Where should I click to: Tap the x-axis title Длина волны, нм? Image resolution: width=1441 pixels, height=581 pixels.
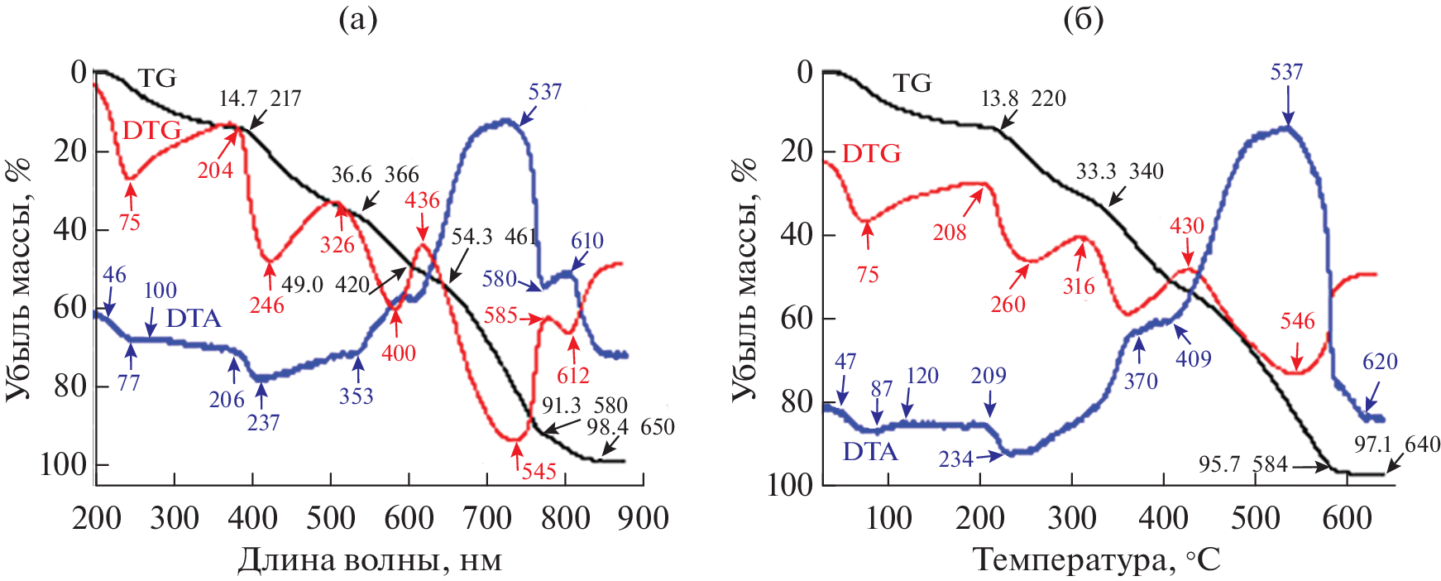(x=370, y=560)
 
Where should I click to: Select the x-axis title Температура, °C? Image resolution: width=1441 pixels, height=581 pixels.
(x=1096, y=560)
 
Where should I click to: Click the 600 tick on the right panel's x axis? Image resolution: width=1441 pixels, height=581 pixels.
(x=1347, y=519)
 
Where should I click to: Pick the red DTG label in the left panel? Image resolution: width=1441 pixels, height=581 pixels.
(x=151, y=130)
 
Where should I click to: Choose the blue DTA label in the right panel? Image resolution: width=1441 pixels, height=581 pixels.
(x=870, y=451)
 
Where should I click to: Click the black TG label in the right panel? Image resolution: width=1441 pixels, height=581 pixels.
(x=912, y=83)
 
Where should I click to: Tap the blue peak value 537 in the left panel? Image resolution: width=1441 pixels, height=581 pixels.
(x=545, y=91)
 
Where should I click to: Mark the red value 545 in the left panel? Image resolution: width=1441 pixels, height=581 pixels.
(x=539, y=472)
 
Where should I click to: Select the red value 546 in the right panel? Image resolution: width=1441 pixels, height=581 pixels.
(x=1297, y=321)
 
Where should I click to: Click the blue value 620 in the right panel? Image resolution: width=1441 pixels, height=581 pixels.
(x=1380, y=362)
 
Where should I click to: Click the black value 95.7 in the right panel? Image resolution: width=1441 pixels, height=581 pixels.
(x=1219, y=464)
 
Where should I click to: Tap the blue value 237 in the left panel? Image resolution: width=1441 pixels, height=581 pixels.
(x=263, y=422)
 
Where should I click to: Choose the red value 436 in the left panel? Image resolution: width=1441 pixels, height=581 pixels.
(x=422, y=200)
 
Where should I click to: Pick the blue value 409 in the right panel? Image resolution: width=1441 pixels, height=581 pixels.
(x=1194, y=358)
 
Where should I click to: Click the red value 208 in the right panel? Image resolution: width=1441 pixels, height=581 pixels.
(x=950, y=233)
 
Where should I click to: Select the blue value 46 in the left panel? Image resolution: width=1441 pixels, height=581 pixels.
(x=114, y=275)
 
